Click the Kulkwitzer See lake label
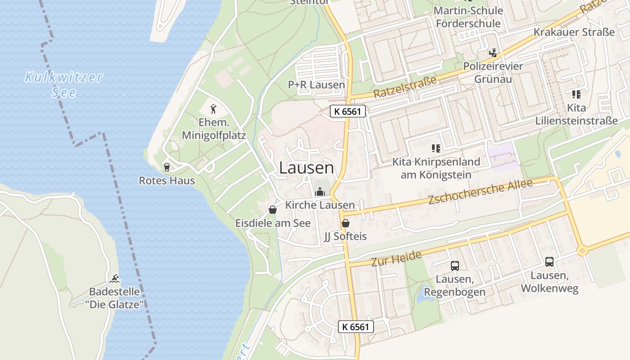pyautogui.click(x=63, y=85)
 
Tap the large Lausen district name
pyautogui.click(x=306, y=168)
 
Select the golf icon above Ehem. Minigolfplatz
pyautogui.click(x=214, y=108)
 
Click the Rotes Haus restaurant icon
pyautogui.click(x=167, y=167)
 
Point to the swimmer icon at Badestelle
pyautogui.click(x=115, y=278)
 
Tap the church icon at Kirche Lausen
pyautogui.click(x=320, y=192)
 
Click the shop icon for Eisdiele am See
pyautogui.click(x=273, y=210)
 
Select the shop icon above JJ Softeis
pyautogui.click(x=346, y=223)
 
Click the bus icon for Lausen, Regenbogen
pyautogui.click(x=455, y=266)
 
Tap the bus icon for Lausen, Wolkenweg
pyautogui.click(x=549, y=262)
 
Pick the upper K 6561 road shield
pyautogui.click(x=348, y=111)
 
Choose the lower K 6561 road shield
pyautogui.click(x=356, y=327)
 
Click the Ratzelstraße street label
pyautogui.click(x=405, y=87)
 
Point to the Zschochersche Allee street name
pyautogui.click(x=480, y=192)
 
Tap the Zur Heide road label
pyautogui.click(x=396, y=258)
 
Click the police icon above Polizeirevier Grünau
pyautogui.click(x=493, y=53)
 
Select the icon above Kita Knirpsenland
pyautogui.click(x=436, y=148)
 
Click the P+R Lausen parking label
pyautogui.click(x=316, y=85)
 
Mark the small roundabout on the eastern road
pyautogui.click(x=582, y=251)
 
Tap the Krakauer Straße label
pyautogui.click(x=574, y=32)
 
